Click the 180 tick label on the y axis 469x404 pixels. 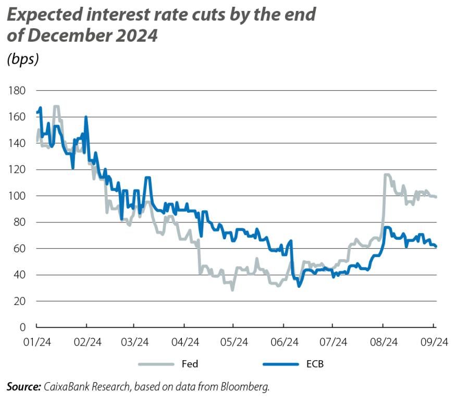(17, 91)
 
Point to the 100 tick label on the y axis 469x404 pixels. (17, 196)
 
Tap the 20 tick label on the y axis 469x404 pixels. (19, 301)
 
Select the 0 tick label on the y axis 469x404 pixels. (22, 327)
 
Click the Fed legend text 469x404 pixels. (190, 364)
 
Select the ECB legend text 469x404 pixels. (315, 364)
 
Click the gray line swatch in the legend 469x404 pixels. (155, 364)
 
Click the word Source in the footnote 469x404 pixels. (23, 386)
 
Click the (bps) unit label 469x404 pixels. (22, 59)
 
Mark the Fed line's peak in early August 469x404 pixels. (386, 175)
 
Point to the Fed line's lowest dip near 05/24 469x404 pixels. (232, 289)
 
